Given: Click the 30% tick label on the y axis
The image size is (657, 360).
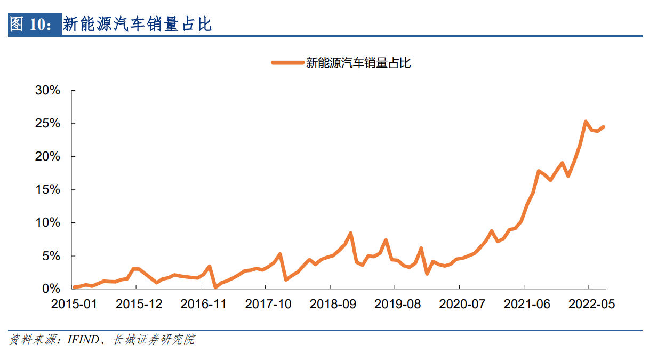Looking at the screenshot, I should (47, 91).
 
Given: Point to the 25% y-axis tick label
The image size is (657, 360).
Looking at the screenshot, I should (47, 124).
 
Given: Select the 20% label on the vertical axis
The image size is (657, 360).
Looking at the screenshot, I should (47, 157).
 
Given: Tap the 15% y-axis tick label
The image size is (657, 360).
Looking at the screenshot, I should (47, 190).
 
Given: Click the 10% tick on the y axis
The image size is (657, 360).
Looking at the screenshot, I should (47, 223).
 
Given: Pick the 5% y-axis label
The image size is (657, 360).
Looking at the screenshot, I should (51, 256).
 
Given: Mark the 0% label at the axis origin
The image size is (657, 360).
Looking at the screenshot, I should (51, 289).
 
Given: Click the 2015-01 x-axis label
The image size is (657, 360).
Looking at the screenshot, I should (74, 304).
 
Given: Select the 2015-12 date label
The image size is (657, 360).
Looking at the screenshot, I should (139, 304).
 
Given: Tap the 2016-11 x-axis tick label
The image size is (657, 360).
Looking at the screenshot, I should (203, 304).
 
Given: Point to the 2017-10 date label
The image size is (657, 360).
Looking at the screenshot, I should (268, 304).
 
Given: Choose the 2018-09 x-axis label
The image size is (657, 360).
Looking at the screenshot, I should (333, 304).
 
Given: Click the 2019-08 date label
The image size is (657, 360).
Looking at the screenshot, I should (398, 304).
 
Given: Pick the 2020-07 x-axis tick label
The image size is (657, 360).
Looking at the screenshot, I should (462, 304).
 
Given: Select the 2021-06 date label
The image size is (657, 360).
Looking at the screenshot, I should (527, 304).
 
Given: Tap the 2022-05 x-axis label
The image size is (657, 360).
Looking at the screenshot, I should (592, 304).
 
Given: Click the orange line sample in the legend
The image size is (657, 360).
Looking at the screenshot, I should (287, 63).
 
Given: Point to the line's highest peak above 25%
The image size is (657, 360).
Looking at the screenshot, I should (586, 122).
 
